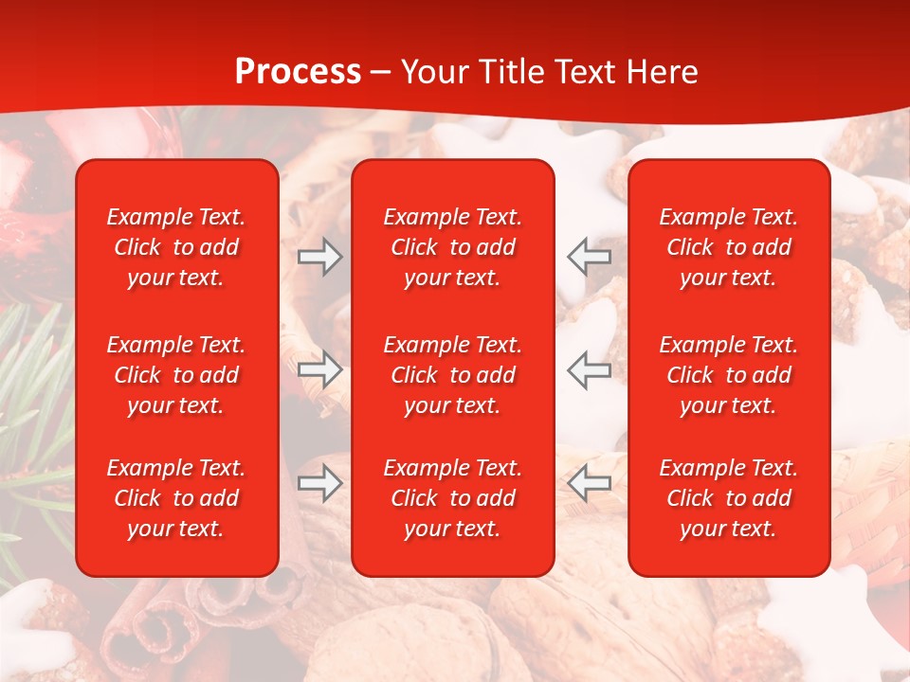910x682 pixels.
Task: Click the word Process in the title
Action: coord(298,72)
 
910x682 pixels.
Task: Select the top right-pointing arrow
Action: coord(319,257)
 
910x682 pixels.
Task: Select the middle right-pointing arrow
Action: coord(319,369)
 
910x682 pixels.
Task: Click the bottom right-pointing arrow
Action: coord(319,483)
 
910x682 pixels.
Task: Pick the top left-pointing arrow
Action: coord(590,257)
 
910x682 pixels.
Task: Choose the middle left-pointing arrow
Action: coord(590,369)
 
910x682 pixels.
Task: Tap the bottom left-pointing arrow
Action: coord(590,483)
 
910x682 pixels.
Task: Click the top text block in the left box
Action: coord(176,247)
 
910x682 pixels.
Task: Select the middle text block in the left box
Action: coord(176,375)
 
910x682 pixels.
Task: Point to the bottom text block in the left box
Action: coord(176,498)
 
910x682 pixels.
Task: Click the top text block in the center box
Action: coord(452,247)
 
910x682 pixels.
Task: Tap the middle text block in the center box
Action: coord(452,375)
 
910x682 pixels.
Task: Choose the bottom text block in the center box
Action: coord(452,498)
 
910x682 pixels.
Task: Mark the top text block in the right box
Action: coord(728,247)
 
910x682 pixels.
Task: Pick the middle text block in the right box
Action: coord(728,375)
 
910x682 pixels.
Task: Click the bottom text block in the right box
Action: coord(728,498)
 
